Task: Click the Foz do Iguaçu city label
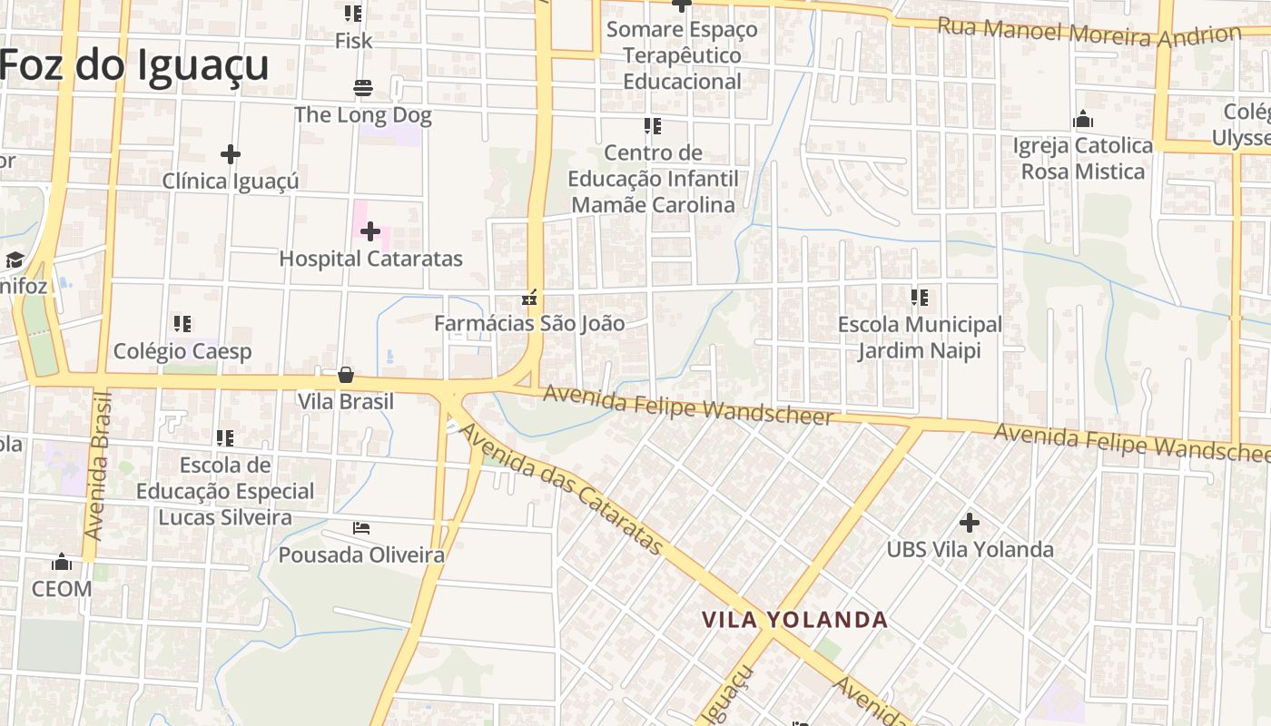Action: (134, 65)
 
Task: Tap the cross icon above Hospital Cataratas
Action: (369, 231)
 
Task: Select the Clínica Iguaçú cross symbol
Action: (231, 153)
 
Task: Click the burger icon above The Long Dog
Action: (363, 88)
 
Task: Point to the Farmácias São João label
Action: (529, 323)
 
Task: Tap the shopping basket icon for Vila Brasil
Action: (346, 374)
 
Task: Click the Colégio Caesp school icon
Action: (182, 323)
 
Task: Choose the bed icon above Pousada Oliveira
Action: (361, 527)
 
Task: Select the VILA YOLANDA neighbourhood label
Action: (794, 620)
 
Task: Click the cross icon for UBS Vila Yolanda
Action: (970, 522)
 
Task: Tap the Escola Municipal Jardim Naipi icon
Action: (920, 297)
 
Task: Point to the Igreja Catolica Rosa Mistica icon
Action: (1082, 119)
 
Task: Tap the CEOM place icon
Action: (62, 562)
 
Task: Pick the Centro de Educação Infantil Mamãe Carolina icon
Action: (653, 125)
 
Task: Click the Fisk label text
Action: (353, 41)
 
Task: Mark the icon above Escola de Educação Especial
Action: (225, 438)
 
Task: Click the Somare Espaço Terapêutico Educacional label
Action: (682, 55)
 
